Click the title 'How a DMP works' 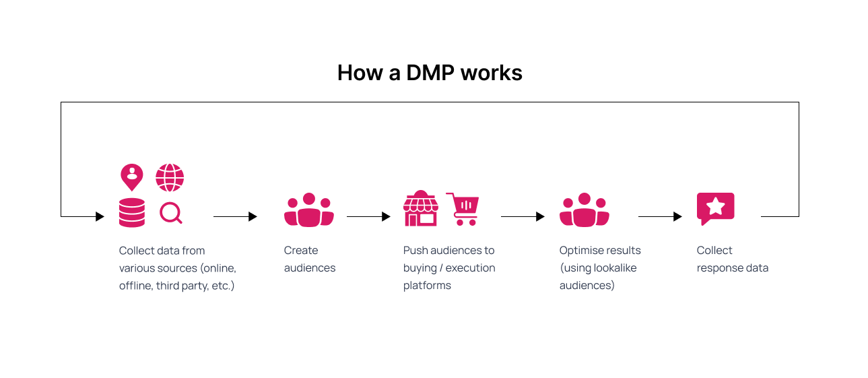point(430,73)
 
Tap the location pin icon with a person point(132,177)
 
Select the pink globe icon point(170,177)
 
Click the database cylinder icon point(132,212)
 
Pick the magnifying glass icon point(171,214)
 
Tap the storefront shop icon point(421,208)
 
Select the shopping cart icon point(463,209)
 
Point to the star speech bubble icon point(715,208)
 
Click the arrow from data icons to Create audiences point(235,216)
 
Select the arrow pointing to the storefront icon point(368,216)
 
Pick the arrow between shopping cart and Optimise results point(523,216)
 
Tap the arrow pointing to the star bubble point(660,216)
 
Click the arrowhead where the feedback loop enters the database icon point(100,216)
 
